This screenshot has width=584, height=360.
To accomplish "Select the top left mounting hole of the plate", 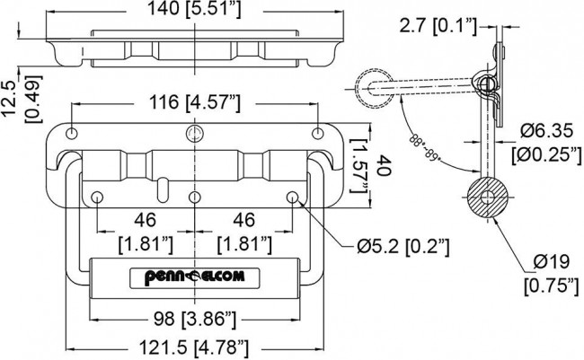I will (x=69, y=135).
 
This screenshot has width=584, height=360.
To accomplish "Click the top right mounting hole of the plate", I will (x=317, y=135).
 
